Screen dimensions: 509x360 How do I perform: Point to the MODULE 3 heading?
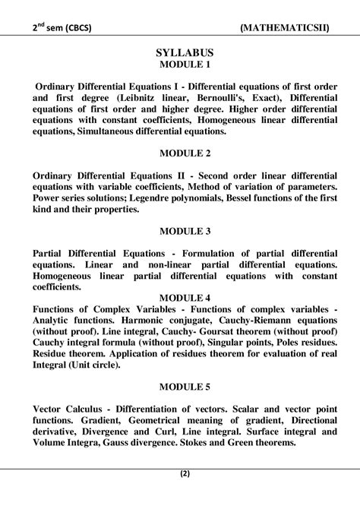click(180, 230)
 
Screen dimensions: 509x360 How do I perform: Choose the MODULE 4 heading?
click(180, 298)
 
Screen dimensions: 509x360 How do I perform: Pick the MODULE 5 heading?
click(180, 387)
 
